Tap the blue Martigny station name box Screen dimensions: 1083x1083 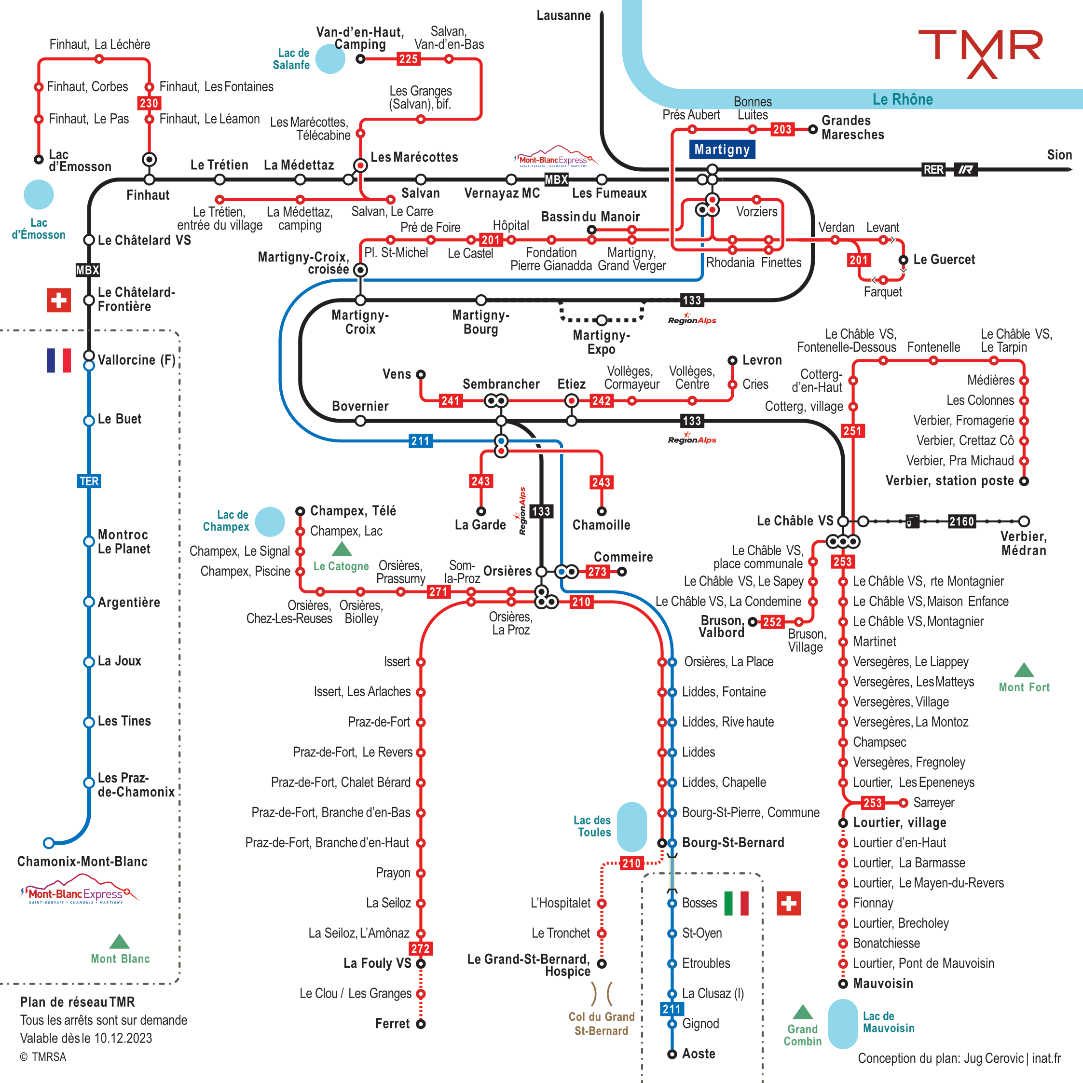pyautogui.click(x=722, y=149)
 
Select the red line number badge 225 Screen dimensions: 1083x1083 pyautogui.click(x=408, y=59)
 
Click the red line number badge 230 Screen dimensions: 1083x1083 pyautogui.click(x=149, y=103)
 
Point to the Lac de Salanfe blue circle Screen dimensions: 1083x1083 pyautogui.click(x=330, y=59)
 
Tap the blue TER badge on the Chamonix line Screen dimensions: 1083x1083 pyautogui.click(x=89, y=481)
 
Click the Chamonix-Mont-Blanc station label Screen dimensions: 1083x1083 pyautogui.click(x=82, y=862)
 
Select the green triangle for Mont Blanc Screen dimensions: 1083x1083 pyautogui.click(x=120, y=942)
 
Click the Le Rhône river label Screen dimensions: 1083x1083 pyautogui.click(x=903, y=99)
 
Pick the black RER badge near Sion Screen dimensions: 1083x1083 pyautogui.click(x=933, y=169)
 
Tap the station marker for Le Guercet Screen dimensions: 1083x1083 pyautogui.click(x=903, y=260)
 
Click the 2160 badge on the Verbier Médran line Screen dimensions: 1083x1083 pyautogui.click(x=961, y=521)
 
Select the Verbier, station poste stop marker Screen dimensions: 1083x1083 pyautogui.click(x=1024, y=481)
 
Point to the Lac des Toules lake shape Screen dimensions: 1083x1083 pyautogui.click(x=632, y=827)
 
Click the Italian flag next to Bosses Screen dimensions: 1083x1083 pyautogui.click(x=736, y=903)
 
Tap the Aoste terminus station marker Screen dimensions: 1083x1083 pyautogui.click(x=672, y=1054)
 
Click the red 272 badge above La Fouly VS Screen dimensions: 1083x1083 pyautogui.click(x=421, y=948)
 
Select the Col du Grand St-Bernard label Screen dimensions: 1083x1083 pyautogui.click(x=602, y=1024)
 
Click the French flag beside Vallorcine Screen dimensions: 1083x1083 pyautogui.click(x=59, y=360)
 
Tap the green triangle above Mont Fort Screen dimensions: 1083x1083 pyautogui.click(x=1024, y=671)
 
